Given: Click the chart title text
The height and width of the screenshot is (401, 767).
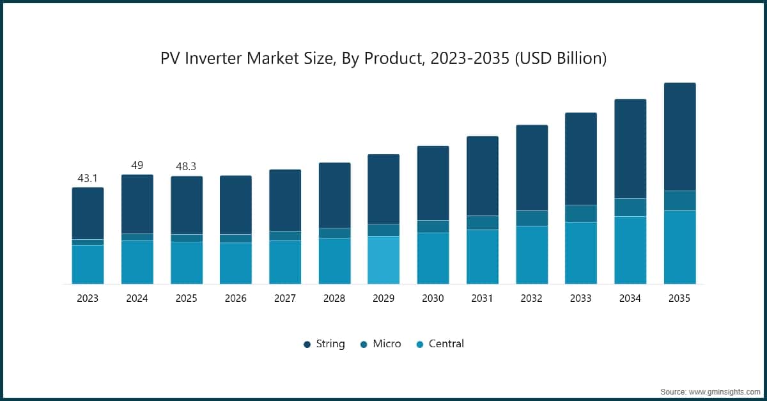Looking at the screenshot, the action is pos(383,58).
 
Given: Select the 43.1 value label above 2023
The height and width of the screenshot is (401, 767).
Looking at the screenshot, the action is pos(88,178).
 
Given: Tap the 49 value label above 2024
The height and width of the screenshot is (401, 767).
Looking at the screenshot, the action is pos(137,165).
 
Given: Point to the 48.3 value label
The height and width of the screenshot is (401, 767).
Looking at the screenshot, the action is pos(186,166).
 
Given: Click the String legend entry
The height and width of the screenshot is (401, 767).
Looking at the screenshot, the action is pos(324,344).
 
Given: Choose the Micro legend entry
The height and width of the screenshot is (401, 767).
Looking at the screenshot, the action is pos(380,344).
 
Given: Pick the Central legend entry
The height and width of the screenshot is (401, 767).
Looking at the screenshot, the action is pos(440,344).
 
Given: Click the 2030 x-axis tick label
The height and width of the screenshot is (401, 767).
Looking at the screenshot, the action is pos(433,299).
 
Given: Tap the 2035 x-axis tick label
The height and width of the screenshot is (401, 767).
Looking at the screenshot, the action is pos(679,299).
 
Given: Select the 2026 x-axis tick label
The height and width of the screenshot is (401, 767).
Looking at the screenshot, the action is pos(236,299).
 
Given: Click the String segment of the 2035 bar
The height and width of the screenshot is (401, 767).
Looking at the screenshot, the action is pos(680,137).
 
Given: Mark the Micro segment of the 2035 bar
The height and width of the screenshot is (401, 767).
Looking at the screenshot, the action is pos(680,201).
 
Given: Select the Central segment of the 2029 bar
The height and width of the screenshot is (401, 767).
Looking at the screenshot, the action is pos(383,260).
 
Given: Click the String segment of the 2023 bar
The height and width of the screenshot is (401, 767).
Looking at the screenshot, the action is pos(88,214).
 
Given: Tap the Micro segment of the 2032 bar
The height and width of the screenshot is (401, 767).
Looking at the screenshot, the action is pos(532,218).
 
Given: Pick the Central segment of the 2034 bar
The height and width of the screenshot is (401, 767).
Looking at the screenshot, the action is pos(630,250).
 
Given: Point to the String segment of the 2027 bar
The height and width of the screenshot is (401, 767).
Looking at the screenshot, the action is pos(285,201).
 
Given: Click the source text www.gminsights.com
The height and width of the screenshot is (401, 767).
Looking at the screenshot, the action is pos(724,392).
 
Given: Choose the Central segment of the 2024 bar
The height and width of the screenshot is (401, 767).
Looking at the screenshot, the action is pos(137,262).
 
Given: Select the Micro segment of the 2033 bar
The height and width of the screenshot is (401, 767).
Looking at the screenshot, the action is pos(581,214).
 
